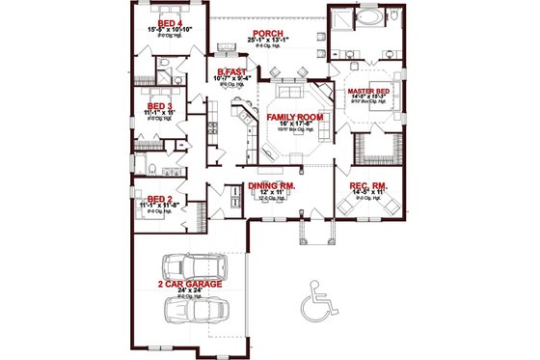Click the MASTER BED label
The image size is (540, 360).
coord(367,91)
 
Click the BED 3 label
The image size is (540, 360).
coord(159,106)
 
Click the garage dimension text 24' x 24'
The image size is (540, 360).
coord(192,292)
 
